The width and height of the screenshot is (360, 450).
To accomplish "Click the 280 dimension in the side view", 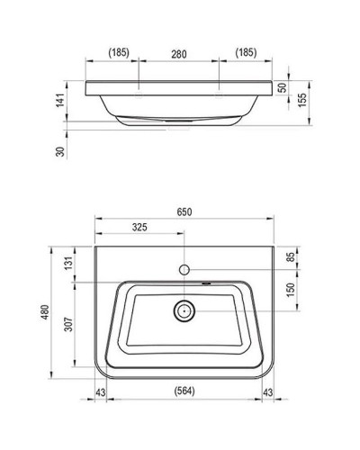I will tap(179, 54).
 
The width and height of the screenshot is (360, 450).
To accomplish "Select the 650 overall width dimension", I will tap(184, 212).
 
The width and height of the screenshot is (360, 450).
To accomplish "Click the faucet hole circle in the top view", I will tap(184, 270).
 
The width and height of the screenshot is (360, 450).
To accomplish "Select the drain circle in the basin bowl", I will tap(184, 311).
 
